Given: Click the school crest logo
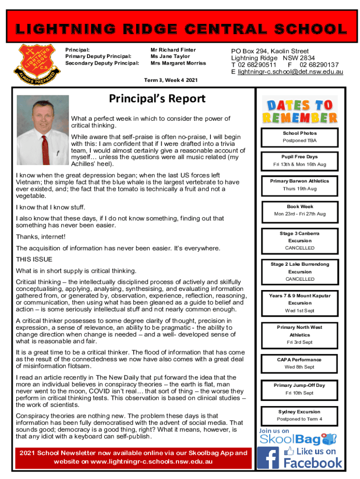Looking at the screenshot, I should click(x=36, y=65).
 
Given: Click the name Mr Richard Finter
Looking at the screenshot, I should click(x=173, y=50).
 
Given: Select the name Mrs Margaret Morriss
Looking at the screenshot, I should click(x=178, y=63).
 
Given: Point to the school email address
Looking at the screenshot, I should click(x=290, y=72).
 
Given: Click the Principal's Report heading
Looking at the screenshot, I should click(x=157, y=99).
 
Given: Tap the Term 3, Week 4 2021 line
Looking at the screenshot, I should click(x=171, y=80).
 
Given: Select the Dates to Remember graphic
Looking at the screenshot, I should click(x=299, y=111).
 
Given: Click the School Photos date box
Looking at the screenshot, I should click(x=299, y=137).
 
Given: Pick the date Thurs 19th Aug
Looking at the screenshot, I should click(x=299, y=189).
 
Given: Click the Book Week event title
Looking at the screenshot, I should click(x=300, y=206).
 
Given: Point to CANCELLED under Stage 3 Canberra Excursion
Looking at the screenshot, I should click(x=300, y=248).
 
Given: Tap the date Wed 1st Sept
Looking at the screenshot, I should click(x=300, y=311).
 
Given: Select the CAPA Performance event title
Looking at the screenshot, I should click(x=300, y=360).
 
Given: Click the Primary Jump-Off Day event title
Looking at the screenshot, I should click(x=300, y=385).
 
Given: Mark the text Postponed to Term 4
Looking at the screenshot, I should click(x=300, y=419).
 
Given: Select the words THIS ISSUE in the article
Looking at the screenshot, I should click(x=34, y=259).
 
